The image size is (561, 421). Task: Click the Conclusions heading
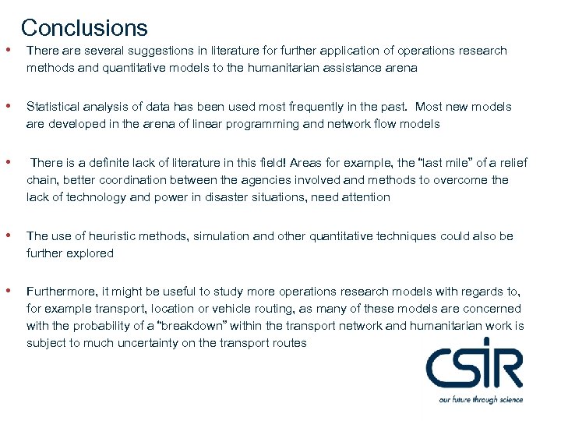[84, 28]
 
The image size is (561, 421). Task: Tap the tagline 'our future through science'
[480, 399]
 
